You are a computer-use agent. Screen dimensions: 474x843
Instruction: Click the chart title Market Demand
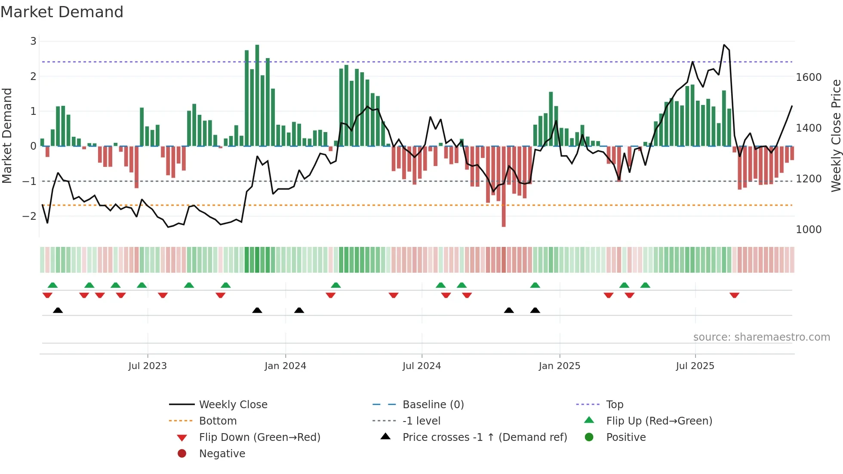pyautogui.click(x=62, y=12)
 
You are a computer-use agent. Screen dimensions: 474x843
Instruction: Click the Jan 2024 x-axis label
pyautogui.click(x=285, y=366)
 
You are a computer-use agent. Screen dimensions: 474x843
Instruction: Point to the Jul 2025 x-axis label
pyautogui.click(x=695, y=366)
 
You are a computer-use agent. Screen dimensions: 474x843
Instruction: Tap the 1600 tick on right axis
pyautogui.click(x=809, y=77)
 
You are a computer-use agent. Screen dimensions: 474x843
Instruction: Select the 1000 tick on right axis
pyautogui.click(x=809, y=230)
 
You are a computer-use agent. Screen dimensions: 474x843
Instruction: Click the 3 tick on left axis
pyautogui.click(x=33, y=41)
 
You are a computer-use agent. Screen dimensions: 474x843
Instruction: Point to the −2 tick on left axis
pyautogui.click(x=30, y=216)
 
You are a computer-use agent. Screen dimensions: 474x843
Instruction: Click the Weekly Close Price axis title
pyautogui.click(x=836, y=135)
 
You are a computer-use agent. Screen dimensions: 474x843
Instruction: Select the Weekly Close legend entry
pyautogui.click(x=233, y=405)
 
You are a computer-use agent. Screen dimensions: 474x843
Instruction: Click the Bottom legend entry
pyautogui.click(x=218, y=421)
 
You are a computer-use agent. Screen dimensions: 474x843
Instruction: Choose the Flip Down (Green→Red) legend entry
pyautogui.click(x=259, y=437)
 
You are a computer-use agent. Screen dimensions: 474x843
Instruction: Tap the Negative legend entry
pyautogui.click(x=222, y=454)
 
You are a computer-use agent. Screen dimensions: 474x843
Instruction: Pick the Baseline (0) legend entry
pyautogui.click(x=433, y=405)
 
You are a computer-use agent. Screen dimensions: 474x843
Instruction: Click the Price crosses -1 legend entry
pyautogui.click(x=484, y=437)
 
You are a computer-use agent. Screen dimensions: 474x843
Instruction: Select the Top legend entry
pyautogui.click(x=614, y=405)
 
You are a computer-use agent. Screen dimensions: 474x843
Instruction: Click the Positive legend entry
pyautogui.click(x=626, y=437)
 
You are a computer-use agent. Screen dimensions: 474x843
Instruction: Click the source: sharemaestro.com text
pyautogui.click(x=761, y=337)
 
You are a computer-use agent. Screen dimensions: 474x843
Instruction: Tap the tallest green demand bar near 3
pyautogui.click(x=257, y=95)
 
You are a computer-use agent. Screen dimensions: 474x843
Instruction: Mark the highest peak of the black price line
pyautogui.click(x=724, y=45)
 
